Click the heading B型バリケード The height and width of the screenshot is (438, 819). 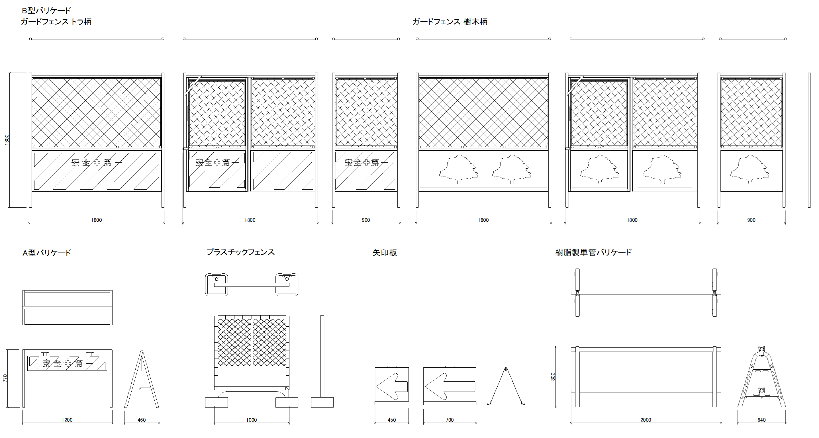tap(46, 11)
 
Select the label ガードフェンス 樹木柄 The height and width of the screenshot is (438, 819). tap(450, 22)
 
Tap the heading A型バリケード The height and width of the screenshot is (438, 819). tap(47, 253)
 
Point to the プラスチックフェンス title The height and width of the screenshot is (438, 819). tap(240, 252)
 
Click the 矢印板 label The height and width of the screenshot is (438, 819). tap(384, 253)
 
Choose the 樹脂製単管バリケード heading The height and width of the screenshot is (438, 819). tap(593, 252)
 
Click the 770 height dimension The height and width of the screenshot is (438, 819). tap(5, 378)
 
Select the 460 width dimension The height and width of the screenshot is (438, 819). tap(142, 420)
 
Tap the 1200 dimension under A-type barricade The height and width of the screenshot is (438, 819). tap(67, 420)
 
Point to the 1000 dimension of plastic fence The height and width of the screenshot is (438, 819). tap(252, 420)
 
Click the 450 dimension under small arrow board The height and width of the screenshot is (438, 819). tap(392, 420)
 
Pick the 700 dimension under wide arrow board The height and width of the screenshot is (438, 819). tap(450, 420)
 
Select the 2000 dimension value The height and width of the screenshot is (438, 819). tap(646, 420)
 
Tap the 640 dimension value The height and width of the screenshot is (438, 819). tap(761, 420)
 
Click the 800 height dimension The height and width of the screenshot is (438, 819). tap(553, 377)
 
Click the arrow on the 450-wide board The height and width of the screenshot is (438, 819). tap(392, 386)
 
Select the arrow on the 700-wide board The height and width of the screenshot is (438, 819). tap(450, 386)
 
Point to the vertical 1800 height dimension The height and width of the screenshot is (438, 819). tap(7, 140)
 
